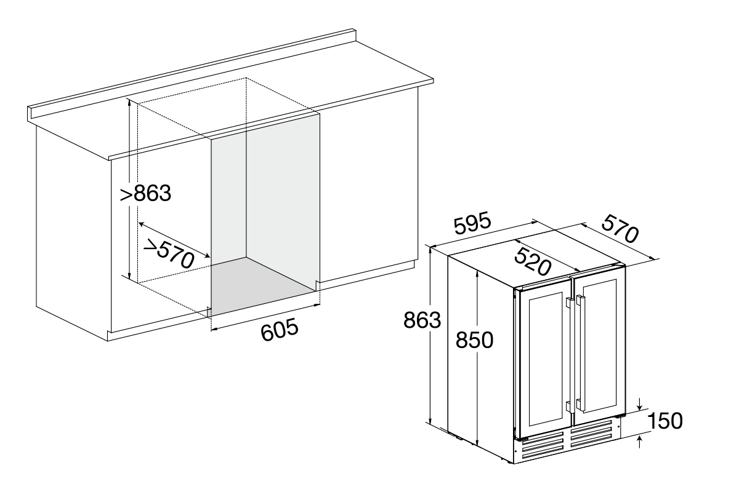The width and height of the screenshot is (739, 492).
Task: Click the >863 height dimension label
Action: coord(145,193)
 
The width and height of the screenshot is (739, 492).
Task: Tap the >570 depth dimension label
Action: coord(169,253)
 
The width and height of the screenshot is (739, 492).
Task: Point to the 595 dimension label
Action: coord(472,224)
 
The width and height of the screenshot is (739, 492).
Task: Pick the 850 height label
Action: coord(474,339)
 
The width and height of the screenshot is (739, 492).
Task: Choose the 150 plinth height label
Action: coord(664,421)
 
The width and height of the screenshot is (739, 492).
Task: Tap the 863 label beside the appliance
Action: coord(422,320)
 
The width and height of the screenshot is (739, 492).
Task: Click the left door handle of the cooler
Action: coord(570,355)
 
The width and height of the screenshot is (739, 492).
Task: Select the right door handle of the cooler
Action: coord(581,353)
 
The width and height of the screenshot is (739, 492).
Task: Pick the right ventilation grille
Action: coord(592,434)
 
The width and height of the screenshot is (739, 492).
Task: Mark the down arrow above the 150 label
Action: coord(640,404)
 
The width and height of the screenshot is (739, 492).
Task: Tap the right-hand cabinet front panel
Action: coord(368,191)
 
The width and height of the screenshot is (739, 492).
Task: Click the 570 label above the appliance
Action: coord(621,229)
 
